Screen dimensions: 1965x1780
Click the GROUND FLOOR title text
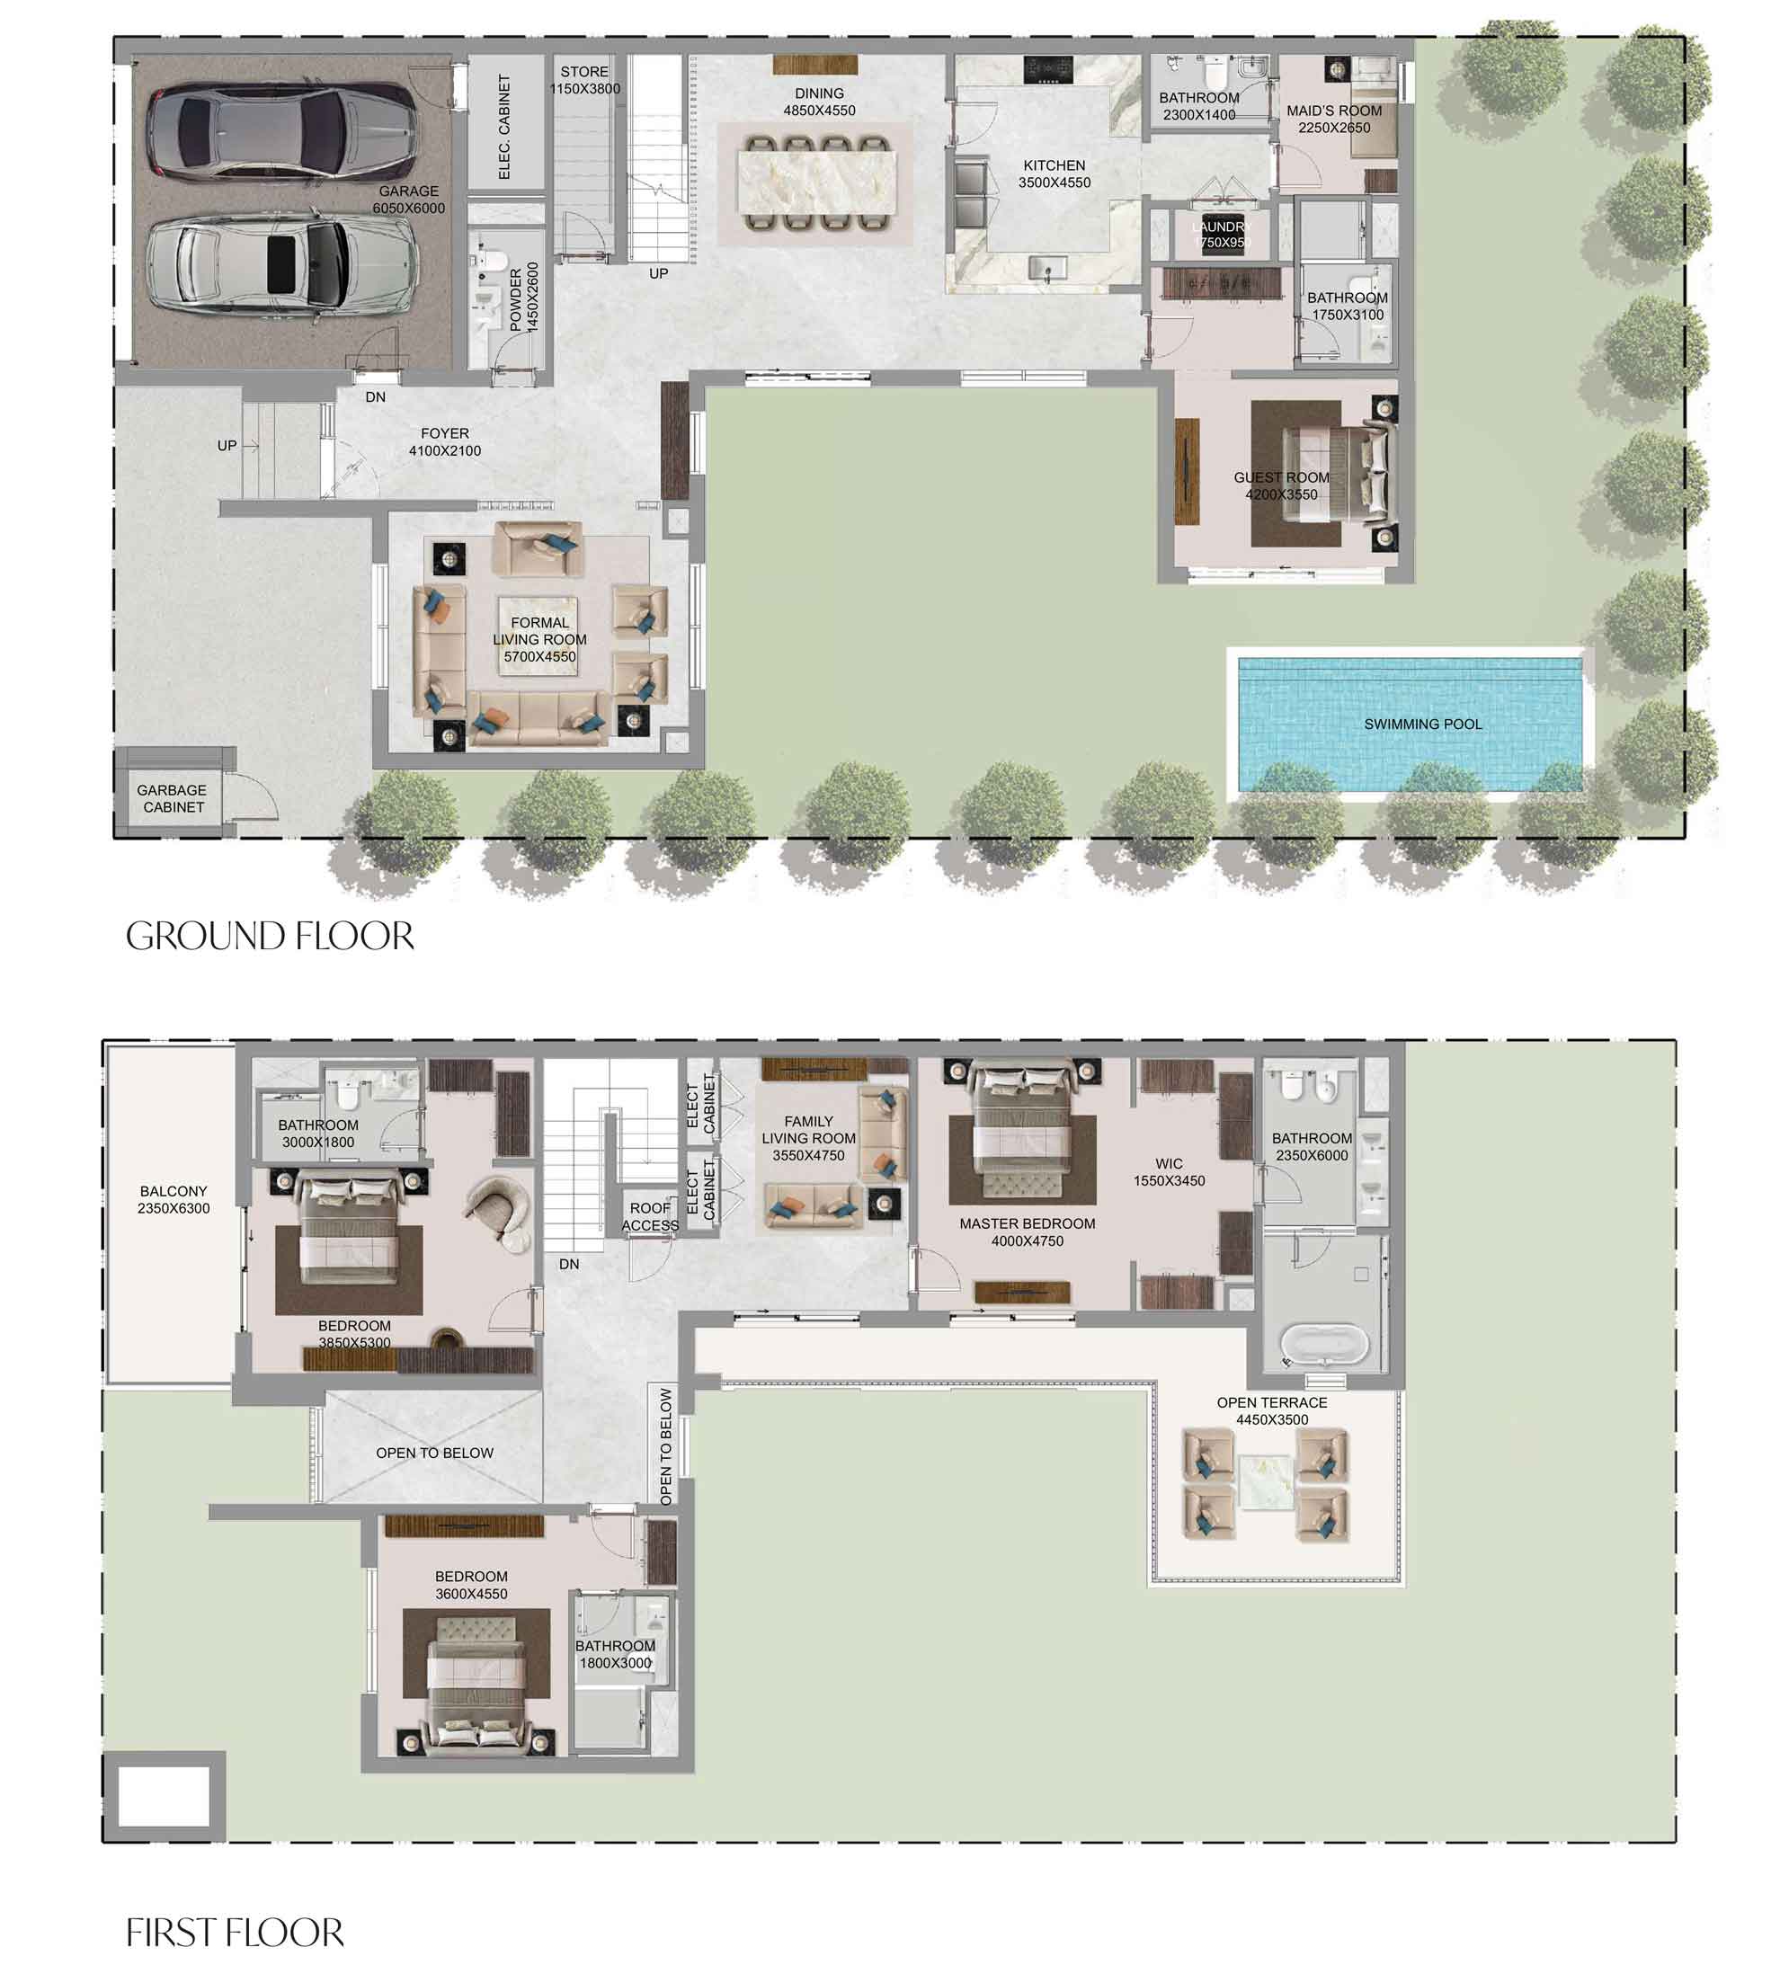pyautogui.click(x=270, y=937)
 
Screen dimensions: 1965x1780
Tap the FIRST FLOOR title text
pyautogui.click(x=235, y=1933)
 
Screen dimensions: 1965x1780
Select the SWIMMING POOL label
pyautogui.click(x=1422, y=725)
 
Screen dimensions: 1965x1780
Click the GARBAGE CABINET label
pyautogui.click(x=173, y=798)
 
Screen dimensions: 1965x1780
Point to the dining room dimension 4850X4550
pyautogui.click(x=819, y=111)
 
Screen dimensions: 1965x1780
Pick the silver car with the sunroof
pyautogui.click(x=282, y=266)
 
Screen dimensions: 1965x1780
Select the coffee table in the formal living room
pyautogui.click(x=539, y=637)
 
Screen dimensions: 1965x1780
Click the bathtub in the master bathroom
pyautogui.click(x=1324, y=1346)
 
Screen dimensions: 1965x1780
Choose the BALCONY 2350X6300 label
pyautogui.click(x=174, y=1200)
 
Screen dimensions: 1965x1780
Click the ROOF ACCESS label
pyautogui.click(x=649, y=1216)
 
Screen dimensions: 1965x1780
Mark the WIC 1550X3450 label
pyautogui.click(x=1169, y=1172)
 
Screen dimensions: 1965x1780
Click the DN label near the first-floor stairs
pyautogui.click(x=569, y=1264)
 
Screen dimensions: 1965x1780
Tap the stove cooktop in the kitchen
pyautogui.click(x=1048, y=69)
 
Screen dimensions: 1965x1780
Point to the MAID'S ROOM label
pyautogui.click(x=1333, y=111)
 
